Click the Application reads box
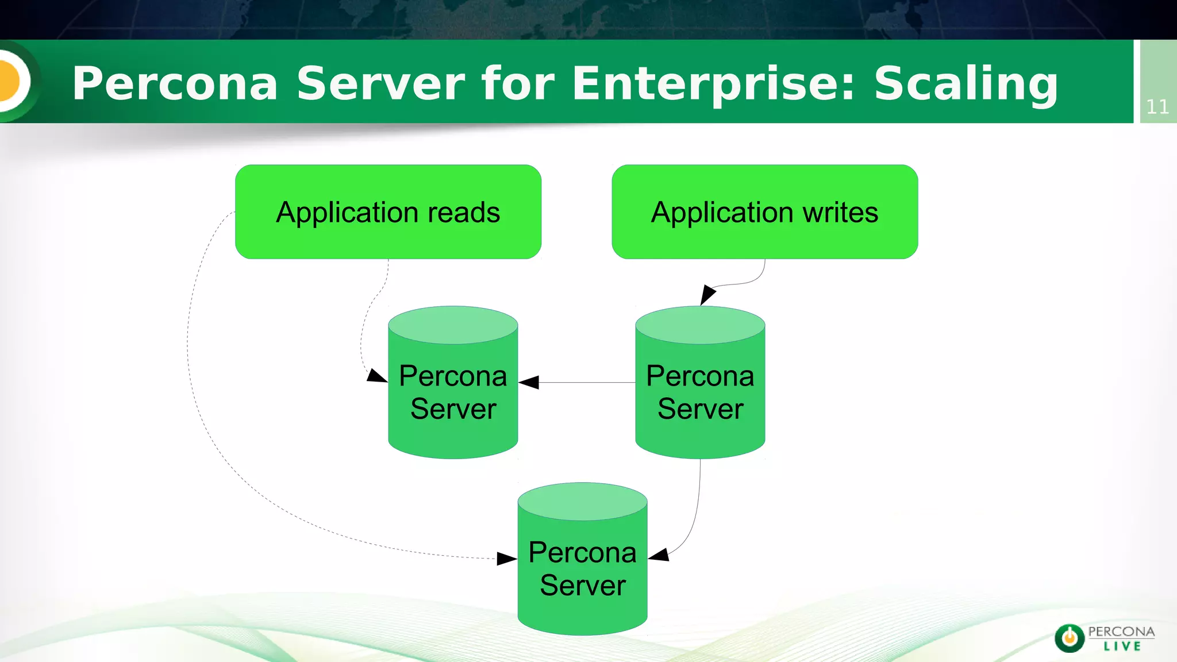point(388,212)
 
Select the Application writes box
point(764,212)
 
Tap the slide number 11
point(1157,107)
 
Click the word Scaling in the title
point(966,84)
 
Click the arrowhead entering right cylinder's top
point(707,295)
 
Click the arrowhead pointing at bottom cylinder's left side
point(506,559)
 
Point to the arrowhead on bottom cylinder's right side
point(659,555)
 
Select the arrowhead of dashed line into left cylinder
point(376,376)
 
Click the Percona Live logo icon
point(1070,638)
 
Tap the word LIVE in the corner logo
point(1122,646)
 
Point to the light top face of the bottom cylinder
point(582,501)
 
